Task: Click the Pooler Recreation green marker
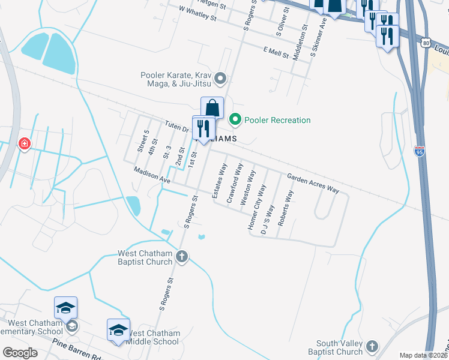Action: [x=235, y=120]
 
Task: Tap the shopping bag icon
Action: [x=212, y=108]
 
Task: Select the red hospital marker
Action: [x=24, y=144]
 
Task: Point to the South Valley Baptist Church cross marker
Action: [x=372, y=346]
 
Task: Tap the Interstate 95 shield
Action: [x=420, y=152]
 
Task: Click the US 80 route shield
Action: [x=426, y=43]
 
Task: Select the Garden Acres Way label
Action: [x=313, y=182]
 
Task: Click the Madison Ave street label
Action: [x=152, y=175]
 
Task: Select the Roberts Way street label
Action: [x=286, y=208]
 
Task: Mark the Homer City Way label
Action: [x=257, y=207]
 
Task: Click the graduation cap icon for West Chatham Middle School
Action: [x=118, y=330]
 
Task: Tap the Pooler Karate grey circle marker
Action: [x=220, y=79]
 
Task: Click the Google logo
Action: [x=20, y=353]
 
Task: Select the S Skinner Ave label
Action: [x=318, y=37]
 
